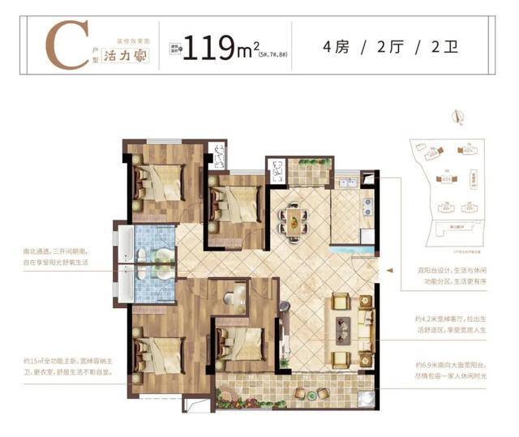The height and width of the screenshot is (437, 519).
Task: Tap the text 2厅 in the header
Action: click(x=392, y=47)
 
